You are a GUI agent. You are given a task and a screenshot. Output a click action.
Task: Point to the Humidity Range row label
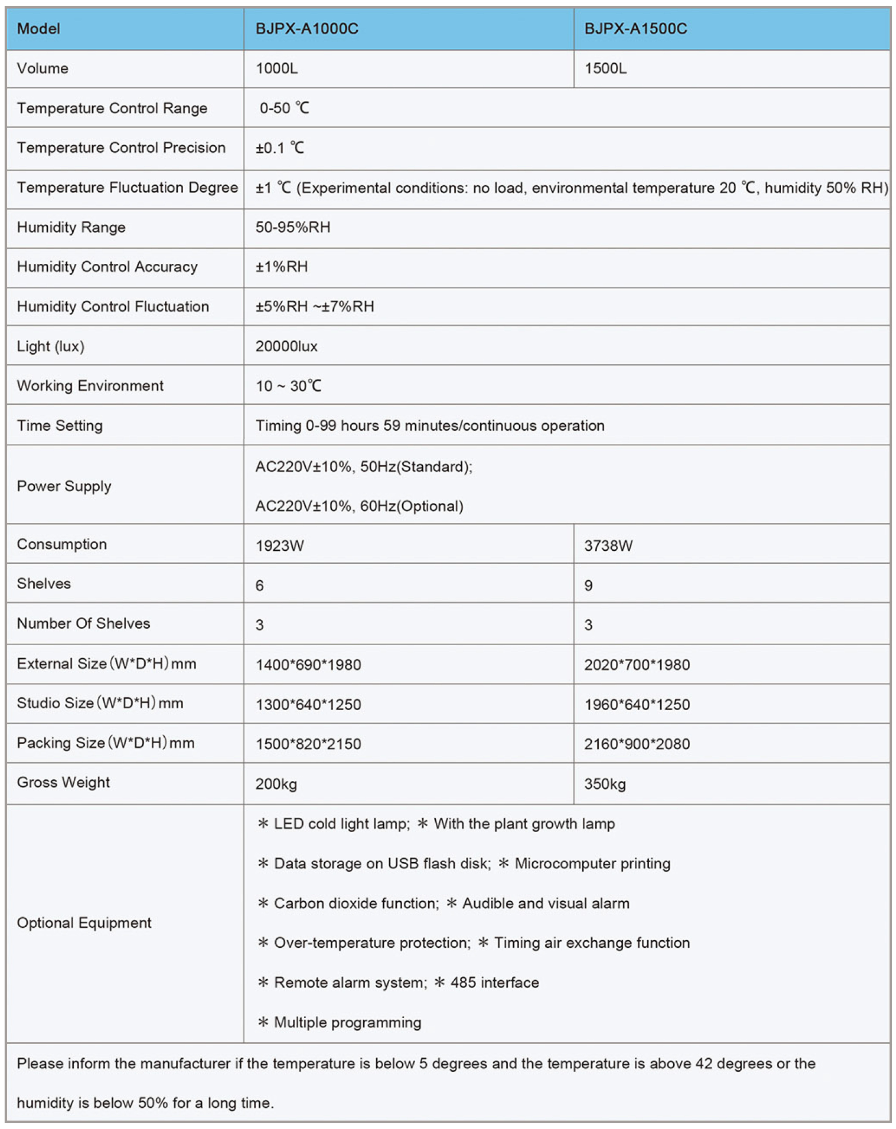[x=71, y=227]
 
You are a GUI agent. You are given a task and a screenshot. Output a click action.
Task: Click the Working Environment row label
[x=90, y=386]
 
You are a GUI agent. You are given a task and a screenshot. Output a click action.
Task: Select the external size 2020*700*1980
[x=637, y=665]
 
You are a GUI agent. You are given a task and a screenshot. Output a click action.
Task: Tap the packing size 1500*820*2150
[x=308, y=744]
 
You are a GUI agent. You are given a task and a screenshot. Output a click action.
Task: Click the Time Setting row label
[x=60, y=426]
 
